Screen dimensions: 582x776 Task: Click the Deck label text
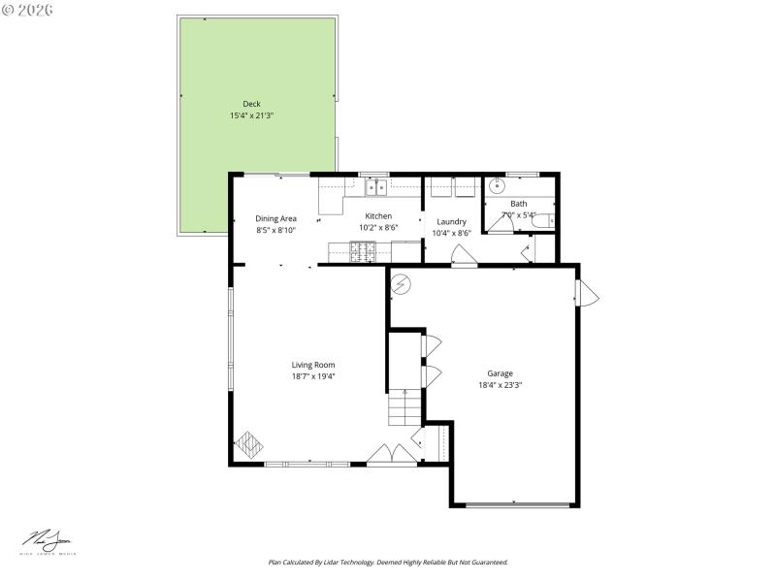pyautogui.click(x=251, y=104)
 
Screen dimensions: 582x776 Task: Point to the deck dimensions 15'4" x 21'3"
pyautogui.click(x=251, y=115)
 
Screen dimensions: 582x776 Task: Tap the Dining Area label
pyautogui.click(x=275, y=218)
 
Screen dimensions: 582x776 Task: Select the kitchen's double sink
pyautogui.click(x=375, y=186)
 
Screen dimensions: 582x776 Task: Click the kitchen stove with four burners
pyautogui.click(x=363, y=252)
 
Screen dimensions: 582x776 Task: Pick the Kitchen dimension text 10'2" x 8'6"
pyautogui.click(x=378, y=227)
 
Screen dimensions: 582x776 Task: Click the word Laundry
pyautogui.click(x=451, y=221)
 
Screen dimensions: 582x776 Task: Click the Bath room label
pyautogui.click(x=519, y=204)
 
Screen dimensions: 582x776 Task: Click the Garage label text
pyautogui.click(x=500, y=373)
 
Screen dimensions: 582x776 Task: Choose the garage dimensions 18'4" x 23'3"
pyautogui.click(x=500, y=385)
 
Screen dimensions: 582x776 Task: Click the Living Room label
pyautogui.click(x=313, y=365)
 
